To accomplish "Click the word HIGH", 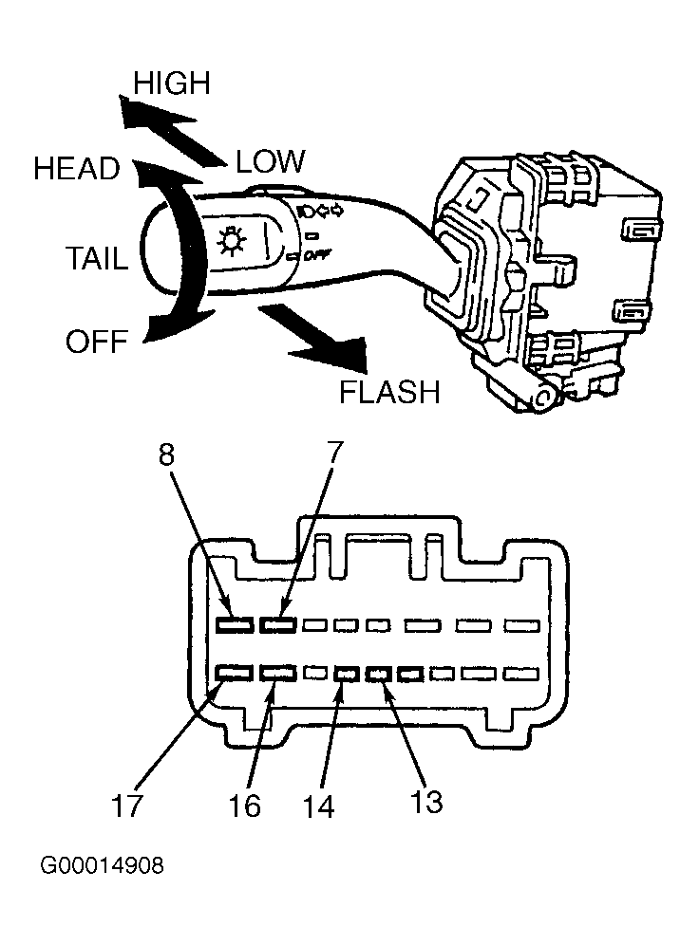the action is pyautogui.click(x=172, y=83).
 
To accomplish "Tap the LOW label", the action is pyautogui.click(x=270, y=161).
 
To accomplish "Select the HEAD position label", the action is pyautogui.click(x=77, y=169).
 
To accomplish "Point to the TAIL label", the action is pyautogui.click(x=97, y=259).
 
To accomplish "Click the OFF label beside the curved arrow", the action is pyautogui.click(x=97, y=342).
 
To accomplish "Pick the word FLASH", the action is pyautogui.click(x=389, y=393).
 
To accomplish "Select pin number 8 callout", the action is pyautogui.click(x=167, y=455).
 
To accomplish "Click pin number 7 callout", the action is pyautogui.click(x=334, y=453).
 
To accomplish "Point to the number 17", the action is pyautogui.click(x=127, y=806).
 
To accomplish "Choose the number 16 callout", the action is pyautogui.click(x=244, y=806).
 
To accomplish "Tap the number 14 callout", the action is pyautogui.click(x=318, y=807).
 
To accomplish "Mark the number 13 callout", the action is pyautogui.click(x=425, y=802).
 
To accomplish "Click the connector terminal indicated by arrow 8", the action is pyautogui.click(x=235, y=625).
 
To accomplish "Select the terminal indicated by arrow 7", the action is pyautogui.click(x=278, y=625).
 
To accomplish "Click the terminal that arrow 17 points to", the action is pyautogui.click(x=235, y=673).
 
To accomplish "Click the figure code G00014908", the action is pyautogui.click(x=102, y=866).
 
